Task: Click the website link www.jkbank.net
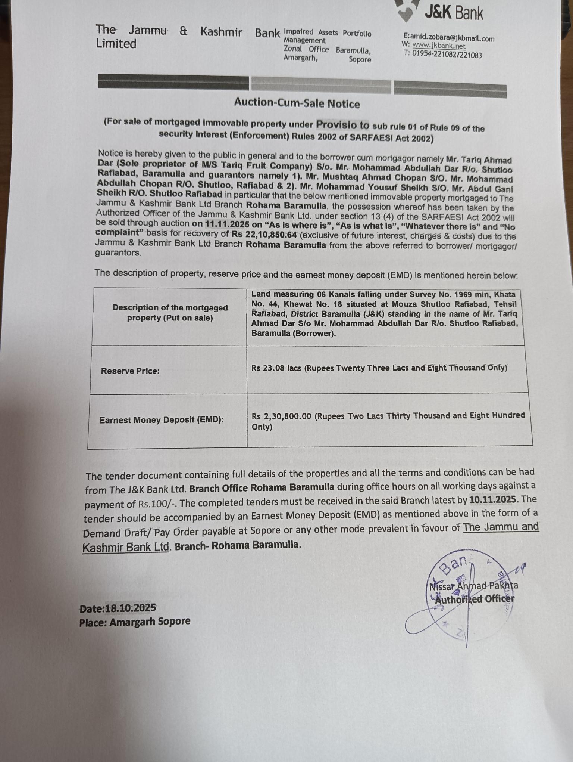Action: click(439, 46)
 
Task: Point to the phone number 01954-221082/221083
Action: click(447, 55)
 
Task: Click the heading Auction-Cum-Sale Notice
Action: click(297, 103)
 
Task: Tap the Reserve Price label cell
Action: click(130, 371)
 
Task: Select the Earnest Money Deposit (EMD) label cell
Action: click(161, 420)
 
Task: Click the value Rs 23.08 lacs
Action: click(276, 368)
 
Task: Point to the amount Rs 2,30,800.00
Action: click(281, 416)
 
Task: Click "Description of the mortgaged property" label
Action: click(170, 313)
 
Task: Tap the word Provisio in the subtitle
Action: click(342, 125)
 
